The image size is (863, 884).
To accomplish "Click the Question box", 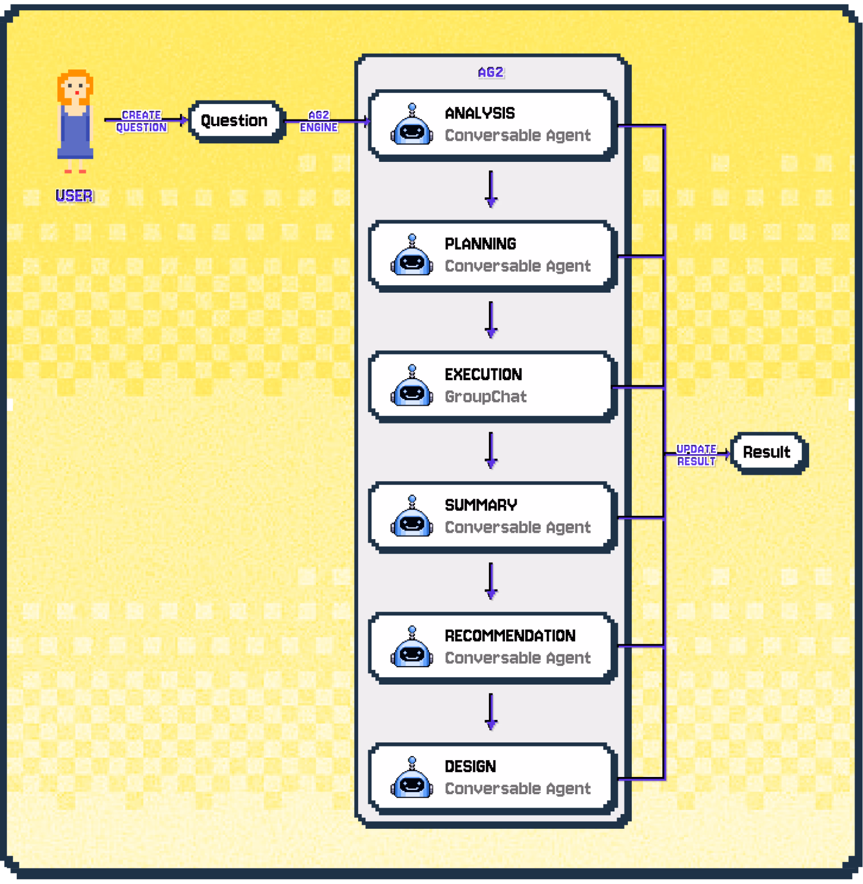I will tap(234, 121).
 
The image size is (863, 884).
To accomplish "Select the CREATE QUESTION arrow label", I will tap(141, 121).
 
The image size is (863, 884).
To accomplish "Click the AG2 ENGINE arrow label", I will tap(319, 121).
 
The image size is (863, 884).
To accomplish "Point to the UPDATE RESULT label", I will tap(696, 455).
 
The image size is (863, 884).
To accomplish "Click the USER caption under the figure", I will tap(74, 196).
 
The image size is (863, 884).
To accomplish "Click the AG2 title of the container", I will tap(490, 73).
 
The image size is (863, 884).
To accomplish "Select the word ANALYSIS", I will tap(480, 113).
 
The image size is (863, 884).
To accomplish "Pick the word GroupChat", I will tap(485, 397).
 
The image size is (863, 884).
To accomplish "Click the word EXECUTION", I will tap(483, 375).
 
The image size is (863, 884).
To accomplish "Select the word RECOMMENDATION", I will tap(510, 635).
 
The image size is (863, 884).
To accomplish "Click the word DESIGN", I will tap(470, 766).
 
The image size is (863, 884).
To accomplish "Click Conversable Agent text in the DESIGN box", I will tap(518, 788).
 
